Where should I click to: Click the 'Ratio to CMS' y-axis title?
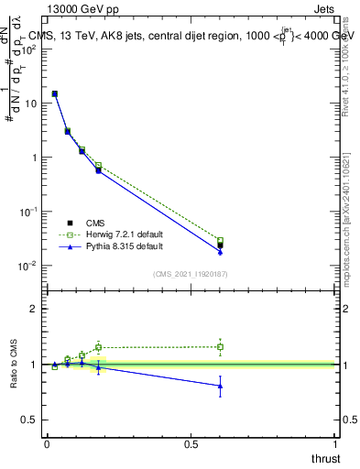click(14, 364)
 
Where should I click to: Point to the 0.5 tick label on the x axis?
click(191, 444)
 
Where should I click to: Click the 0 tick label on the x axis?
click(47, 444)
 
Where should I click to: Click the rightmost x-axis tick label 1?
click(337, 444)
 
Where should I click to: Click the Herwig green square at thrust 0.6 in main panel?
click(220, 241)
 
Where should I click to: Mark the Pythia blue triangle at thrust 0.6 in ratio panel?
click(220, 386)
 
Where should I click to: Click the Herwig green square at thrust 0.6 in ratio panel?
click(220, 346)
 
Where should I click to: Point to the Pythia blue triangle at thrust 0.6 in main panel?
click(220, 251)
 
